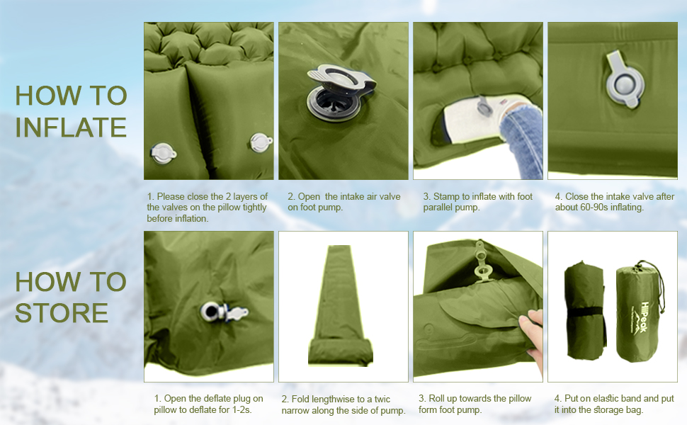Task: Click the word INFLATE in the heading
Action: (x=71, y=127)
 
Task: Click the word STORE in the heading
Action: (x=62, y=313)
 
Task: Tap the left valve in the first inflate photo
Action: (x=164, y=153)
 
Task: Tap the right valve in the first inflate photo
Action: (x=261, y=142)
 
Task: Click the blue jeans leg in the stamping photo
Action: (x=521, y=140)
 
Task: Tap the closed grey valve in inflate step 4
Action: (x=625, y=80)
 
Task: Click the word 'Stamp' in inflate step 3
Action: (x=446, y=197)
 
